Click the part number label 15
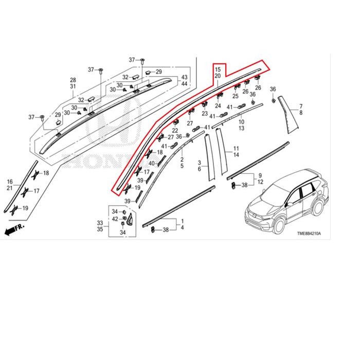218,69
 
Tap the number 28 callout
73,80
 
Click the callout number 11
236,147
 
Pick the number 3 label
199,163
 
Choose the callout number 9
260,175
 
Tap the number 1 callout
181,220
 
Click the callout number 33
100,223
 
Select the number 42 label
115,219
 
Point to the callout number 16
9,182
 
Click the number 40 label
151,164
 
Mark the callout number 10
241,121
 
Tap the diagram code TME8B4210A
309,233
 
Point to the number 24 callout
218,106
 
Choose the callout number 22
175,131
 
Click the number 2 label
182,159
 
